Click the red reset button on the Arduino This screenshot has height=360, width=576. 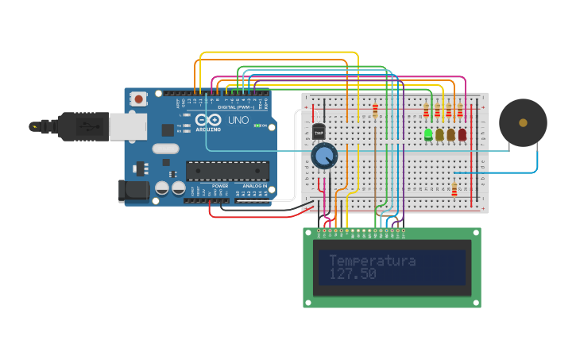(139, 99)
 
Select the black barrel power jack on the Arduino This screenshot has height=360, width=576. (133, 191)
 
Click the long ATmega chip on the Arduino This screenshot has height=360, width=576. (227, 170)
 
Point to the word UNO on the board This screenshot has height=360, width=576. (238, 121)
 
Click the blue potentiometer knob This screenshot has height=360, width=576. (324, 156)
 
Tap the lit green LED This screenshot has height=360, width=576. (428, 134)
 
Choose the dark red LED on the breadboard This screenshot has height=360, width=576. (462, 134)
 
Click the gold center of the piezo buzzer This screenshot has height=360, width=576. (523, 122)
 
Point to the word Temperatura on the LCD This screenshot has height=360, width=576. (372, 261)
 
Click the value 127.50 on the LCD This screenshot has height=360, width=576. (353, 274)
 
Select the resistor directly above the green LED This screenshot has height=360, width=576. (427, 110)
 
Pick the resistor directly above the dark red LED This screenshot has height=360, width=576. (460, 110)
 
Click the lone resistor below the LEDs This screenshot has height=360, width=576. (454, 188)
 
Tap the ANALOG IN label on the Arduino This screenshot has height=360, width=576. (254, 185)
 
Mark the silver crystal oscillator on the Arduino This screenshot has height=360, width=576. (166, 148)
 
